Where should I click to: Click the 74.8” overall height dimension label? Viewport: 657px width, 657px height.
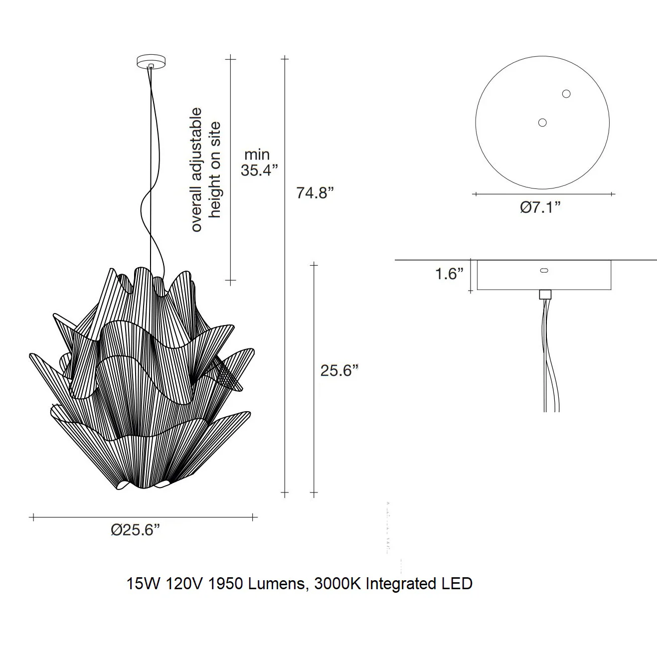pos(315,193)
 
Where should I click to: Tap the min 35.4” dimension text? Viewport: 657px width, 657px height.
pos(259,163)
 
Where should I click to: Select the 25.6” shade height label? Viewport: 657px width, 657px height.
pos(339,370)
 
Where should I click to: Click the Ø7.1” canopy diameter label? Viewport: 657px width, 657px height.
pos(540,207)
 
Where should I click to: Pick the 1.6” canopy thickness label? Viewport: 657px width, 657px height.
pos(449,274)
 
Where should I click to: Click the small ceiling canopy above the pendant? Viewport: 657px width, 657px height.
pos(151,62)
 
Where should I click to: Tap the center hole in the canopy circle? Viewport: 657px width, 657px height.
pos(542,123)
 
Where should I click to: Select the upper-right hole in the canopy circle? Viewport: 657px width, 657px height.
pos(566,94)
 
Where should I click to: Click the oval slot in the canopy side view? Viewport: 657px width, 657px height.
pos(544,271)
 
